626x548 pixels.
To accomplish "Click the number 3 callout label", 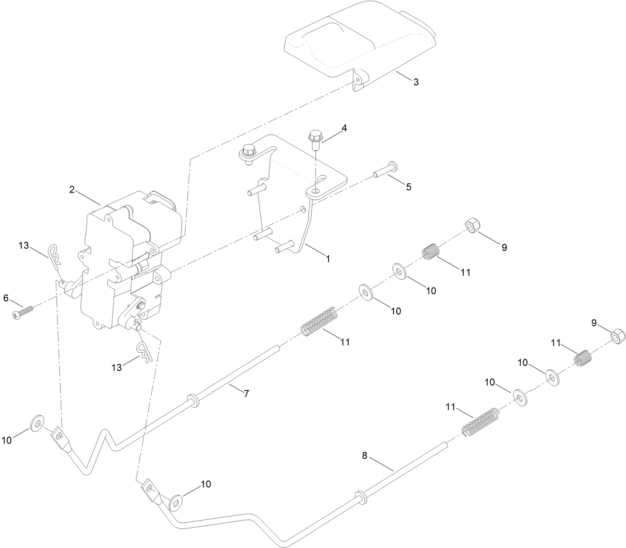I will pyautogui.click(x=416, y=82).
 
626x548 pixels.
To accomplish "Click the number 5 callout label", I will pyautogui.click(x=408, y=187).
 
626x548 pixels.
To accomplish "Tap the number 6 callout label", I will pyautogui.click(x=6, y=298).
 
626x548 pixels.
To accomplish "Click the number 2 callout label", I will pyautogui.click(x=72, y=189).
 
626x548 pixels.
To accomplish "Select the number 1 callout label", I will pyautogui.click(x=327, y=258).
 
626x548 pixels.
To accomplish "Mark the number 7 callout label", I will pyautogui.click(x=246, y=393).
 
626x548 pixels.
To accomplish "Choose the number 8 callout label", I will pyautogui.click(x=365, y=455).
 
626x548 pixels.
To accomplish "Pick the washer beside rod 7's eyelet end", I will pyautogui.click(x=37, y=423).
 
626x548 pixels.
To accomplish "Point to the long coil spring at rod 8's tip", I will pyautogui.click(x=480, y=422).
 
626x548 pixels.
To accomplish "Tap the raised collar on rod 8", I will pyautogui.click(x=361, y=497).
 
